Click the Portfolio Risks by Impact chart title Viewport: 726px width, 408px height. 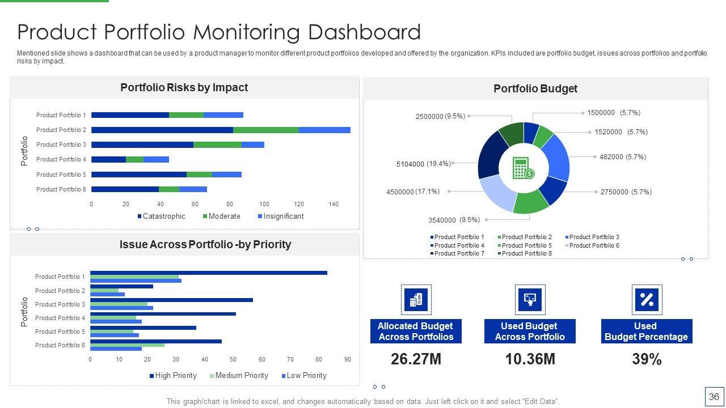click(184, 88)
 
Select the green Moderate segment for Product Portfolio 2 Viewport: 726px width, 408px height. click(265, 130)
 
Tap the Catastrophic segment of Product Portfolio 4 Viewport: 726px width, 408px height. click(108, 159)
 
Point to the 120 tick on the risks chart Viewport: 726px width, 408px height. click(299, 204)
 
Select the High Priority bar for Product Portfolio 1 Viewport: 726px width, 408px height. click(209, 273)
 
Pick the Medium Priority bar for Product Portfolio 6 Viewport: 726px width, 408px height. click(127, 345)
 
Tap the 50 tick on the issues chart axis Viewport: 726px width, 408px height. click(233, 359)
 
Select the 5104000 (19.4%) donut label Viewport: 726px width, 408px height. click(423, 164)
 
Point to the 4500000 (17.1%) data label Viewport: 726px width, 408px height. click(413, 192)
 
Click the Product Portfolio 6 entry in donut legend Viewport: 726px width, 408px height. click(593, 245)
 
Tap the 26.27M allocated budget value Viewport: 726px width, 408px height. click(416, 359)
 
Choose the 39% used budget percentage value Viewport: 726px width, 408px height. click(647, 359)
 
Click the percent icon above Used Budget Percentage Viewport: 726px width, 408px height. click(647, 300)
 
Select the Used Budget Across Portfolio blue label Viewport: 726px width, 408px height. click(530, 331)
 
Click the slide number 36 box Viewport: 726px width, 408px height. click(714, 397)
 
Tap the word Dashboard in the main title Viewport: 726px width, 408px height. click(364, 32)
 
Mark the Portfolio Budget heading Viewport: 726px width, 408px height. click(535, 88)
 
